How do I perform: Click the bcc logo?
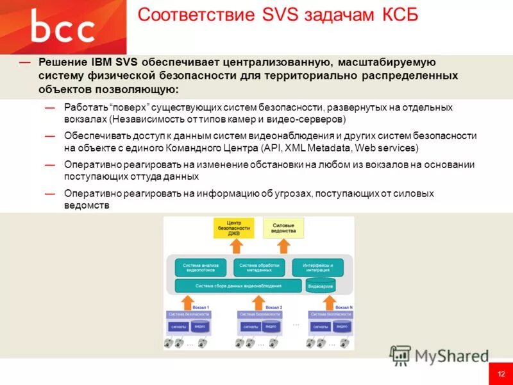63,28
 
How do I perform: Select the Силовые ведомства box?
284,228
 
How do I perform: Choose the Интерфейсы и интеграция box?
317,268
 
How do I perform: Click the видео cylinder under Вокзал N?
342,326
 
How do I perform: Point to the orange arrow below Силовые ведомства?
284,248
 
